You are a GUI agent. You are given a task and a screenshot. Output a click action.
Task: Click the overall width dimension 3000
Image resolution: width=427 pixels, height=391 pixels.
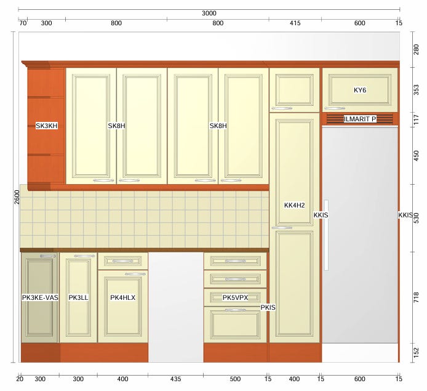[x=209, y=13]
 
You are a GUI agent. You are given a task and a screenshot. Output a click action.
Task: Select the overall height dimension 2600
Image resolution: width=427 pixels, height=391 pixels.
[x=17, y=197]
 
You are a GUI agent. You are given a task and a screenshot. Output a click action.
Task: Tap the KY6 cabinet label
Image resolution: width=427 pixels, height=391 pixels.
[x=360, y=90]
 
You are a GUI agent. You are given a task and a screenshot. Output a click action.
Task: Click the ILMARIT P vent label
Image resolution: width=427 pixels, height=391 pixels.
[x=360, y=119]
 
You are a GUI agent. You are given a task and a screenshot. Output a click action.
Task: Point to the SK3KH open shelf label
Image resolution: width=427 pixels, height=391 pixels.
[x=47, y=126]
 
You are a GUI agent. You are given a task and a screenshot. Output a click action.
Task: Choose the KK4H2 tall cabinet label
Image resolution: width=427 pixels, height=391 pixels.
[x=294, y=205]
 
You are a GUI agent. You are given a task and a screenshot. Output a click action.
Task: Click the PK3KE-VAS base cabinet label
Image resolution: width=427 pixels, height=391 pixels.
[x=40, y=297]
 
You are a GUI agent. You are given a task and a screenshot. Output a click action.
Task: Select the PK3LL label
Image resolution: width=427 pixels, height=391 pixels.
[x=78, y=297]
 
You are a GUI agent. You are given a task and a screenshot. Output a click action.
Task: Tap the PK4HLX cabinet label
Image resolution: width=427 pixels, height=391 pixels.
[x=122, y=297]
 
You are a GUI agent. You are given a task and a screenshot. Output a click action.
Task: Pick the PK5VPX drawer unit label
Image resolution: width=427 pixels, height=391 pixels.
[x=235, y=297]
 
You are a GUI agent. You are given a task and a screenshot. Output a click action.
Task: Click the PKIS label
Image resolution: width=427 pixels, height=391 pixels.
[x=268, y=307]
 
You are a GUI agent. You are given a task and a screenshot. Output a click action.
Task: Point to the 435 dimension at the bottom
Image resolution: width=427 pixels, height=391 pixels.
[x=175, y=379]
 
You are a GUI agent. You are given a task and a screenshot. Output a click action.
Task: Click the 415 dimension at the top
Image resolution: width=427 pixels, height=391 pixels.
[x=295, y=23]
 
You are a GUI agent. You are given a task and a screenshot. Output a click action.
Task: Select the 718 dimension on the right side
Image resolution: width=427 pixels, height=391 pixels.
[x=417, y=297]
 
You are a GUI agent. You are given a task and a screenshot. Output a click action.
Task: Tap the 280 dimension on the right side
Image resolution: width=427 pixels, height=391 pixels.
[x=417, y=50]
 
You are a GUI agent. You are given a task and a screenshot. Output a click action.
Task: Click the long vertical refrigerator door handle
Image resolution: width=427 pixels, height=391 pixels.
[x=326, y=235]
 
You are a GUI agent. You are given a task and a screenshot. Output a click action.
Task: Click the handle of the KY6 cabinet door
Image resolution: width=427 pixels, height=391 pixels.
[x=335, y=108]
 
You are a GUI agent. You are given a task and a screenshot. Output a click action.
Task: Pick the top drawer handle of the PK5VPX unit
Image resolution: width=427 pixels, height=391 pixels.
[x=235, y=261]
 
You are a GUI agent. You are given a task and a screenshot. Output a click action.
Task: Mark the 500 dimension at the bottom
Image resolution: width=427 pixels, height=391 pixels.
[x=235, y=379]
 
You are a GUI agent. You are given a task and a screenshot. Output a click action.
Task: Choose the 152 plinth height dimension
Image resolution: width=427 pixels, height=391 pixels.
[x=417, y=353]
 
